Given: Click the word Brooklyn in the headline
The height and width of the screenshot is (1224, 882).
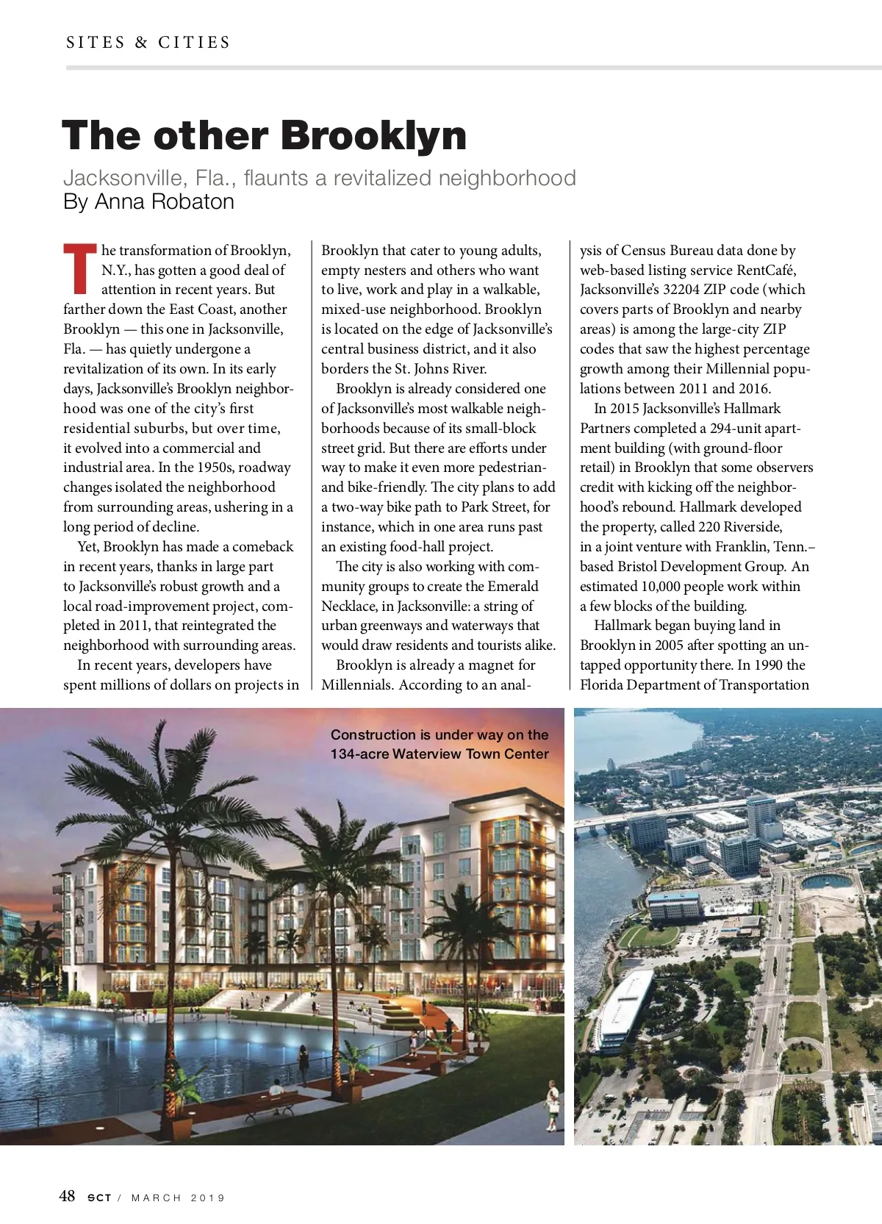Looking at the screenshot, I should [373, 136].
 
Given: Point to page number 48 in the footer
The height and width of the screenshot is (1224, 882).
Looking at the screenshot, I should [67, 1196].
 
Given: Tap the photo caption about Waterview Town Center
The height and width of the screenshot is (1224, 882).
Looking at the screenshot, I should [440, 744].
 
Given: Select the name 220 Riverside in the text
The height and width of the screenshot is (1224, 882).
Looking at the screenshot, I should [739, 527].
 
